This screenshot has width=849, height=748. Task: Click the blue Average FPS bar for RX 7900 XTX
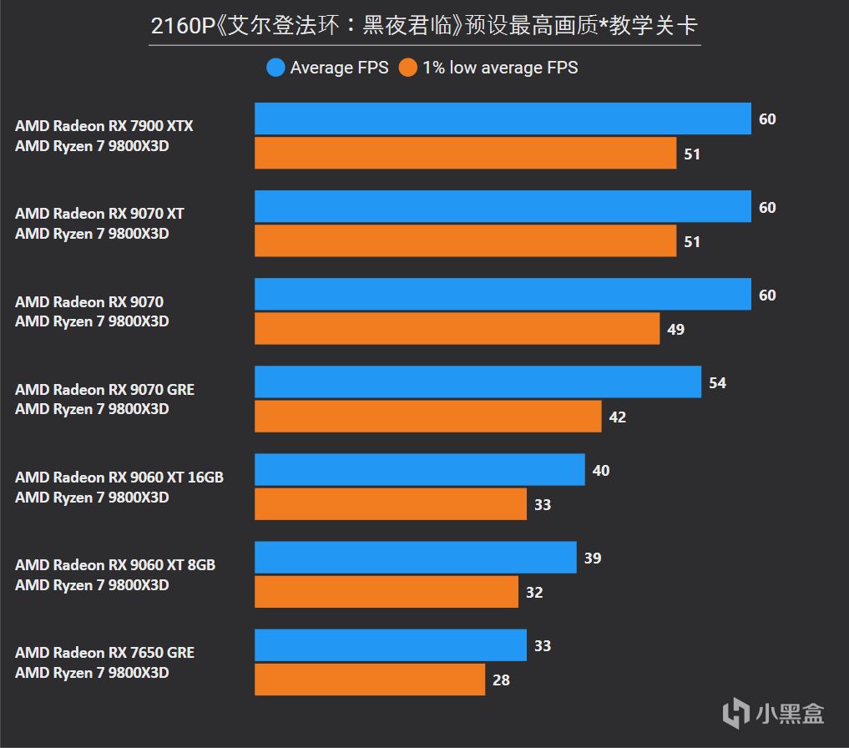[x=503, y=119]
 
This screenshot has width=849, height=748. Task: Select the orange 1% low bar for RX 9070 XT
[x=465, y=241]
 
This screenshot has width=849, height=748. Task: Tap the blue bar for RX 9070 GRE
[x=478, y=382]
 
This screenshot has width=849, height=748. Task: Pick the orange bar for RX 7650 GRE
[x=370, y=680]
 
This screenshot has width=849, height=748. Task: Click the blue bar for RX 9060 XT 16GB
[x=419, y=470]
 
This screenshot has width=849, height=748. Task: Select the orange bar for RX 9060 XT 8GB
[x=387, y=592]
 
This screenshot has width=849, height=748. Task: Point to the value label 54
[x=717, y=383]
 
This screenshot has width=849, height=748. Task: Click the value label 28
[x=501, y=680]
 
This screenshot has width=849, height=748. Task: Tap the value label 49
[x=675, y=330]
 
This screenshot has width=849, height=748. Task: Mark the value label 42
[x=618, y=417]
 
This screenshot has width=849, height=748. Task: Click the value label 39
[x=593, y=558]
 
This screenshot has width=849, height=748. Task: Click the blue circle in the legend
[x=275, y=68]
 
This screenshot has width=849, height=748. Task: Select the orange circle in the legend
[x=407, y=68]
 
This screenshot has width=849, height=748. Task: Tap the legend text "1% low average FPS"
[x=499, y=68]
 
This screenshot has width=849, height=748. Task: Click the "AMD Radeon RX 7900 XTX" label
[x=104, y=126]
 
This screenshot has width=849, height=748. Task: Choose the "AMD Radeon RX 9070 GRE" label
[x=104, y=390]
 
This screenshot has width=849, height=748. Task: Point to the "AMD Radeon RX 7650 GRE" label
[x=104, y=653]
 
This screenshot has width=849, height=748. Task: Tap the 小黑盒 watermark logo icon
[x=735, y=712]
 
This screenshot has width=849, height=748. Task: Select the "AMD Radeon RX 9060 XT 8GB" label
[x=115, y=565]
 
